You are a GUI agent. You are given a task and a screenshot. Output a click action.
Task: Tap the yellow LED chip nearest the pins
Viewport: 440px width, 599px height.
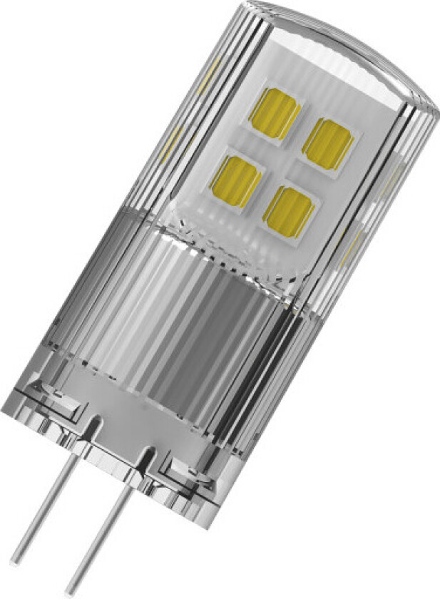coord(289,211)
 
